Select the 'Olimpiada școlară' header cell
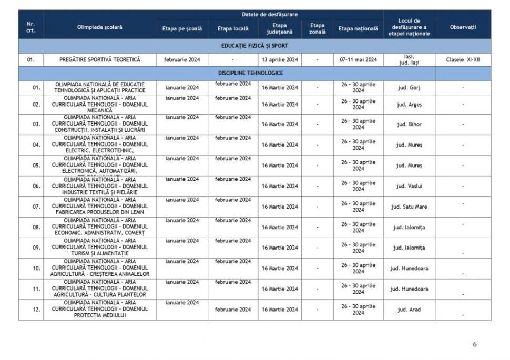click(99, 27)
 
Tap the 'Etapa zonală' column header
click(317, 28)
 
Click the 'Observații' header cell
click(463, 27)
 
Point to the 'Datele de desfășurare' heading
click(269, 14)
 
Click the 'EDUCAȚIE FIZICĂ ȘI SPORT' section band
click(254, 46)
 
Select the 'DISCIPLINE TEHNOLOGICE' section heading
click(254, 73)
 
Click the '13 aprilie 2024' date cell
click(280, 60)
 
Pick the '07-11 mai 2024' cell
click(358, 60)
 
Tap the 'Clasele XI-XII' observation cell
click(463, 60)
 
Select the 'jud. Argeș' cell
click(409, 105)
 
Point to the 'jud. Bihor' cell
click(409, 125)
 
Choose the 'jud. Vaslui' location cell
click(409, 186)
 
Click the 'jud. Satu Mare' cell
click(409, 207)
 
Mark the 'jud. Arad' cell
click(409, 310)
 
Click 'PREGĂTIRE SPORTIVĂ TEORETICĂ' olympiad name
click(99, 60)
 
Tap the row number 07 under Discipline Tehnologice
click(36, 207)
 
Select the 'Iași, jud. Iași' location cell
click(409, 60)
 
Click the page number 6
click(475, 345)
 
